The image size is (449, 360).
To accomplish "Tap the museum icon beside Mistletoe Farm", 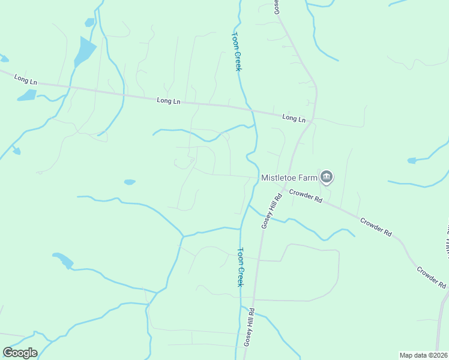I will coord(327,176).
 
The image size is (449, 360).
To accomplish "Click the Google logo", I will coord(20,353).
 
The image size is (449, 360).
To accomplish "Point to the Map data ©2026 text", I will coord(423,355).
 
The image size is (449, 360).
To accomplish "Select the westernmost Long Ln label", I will coord(26,79).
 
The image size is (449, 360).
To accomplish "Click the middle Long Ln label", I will coord(168,101).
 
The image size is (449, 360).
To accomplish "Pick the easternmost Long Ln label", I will coord(294,119).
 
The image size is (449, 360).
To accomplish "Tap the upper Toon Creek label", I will coord(237,52).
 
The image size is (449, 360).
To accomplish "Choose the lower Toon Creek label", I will coord(240,267).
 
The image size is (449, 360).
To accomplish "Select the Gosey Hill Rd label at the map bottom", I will coord(249,327).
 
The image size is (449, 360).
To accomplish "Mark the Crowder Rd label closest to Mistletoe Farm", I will coord(306,196).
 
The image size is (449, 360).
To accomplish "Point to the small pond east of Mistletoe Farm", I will coord(411,161).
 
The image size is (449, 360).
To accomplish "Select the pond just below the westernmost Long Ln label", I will coord(27,95).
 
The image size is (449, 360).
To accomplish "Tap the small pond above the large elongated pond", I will coord(90,22).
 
